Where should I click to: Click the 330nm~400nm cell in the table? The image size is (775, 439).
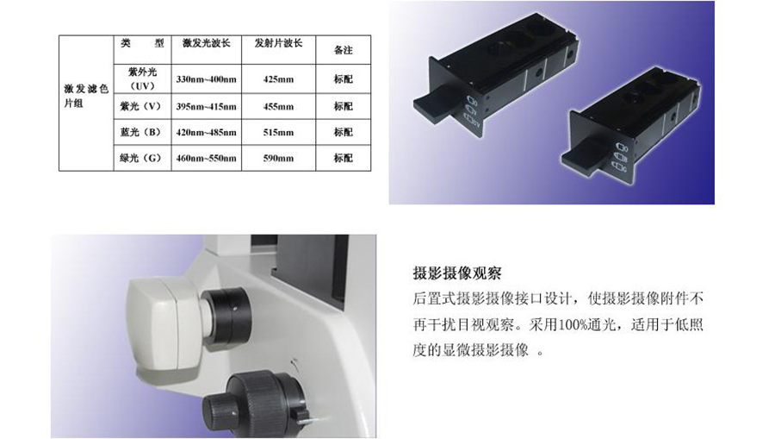point(206,79)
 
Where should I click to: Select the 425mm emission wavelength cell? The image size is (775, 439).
point(278,79)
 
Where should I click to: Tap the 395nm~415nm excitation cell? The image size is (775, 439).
point(206,106)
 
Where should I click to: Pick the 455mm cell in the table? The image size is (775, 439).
point(278,106)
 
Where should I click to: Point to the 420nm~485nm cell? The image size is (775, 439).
point(206,132)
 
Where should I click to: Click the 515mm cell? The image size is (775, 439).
point(278,132)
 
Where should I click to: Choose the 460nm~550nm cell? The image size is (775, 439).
point(206,159)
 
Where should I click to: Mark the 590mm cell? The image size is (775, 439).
point(278,159)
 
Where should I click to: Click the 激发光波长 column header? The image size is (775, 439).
point(206,43)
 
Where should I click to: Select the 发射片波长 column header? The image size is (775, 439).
point(278,43)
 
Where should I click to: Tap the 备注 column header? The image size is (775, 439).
point(343,50)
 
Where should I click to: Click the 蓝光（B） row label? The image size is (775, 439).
point(141,132)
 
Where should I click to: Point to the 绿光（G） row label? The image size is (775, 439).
point(141,159)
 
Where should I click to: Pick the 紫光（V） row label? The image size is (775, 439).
point(141,106)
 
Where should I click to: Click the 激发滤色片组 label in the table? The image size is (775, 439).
point(86,96)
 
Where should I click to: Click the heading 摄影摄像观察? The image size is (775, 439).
point(457,273)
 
